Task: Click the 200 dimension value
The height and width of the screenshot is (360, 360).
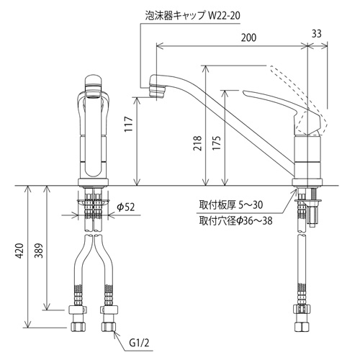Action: (248, 37)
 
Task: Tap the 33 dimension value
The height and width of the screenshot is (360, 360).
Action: (316, 34)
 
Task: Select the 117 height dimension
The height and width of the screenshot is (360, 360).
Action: (129, 124)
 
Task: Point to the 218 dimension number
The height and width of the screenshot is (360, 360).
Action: (197, 143)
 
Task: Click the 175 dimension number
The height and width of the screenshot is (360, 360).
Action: (217, 143)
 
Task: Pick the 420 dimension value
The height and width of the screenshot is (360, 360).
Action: (20, 251)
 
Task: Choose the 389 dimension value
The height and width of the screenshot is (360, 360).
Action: (39, 251)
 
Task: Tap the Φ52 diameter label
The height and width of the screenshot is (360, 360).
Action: (126, 207)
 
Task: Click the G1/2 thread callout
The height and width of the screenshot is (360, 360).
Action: (139, 343)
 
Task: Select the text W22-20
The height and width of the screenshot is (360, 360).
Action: (224, 16)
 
